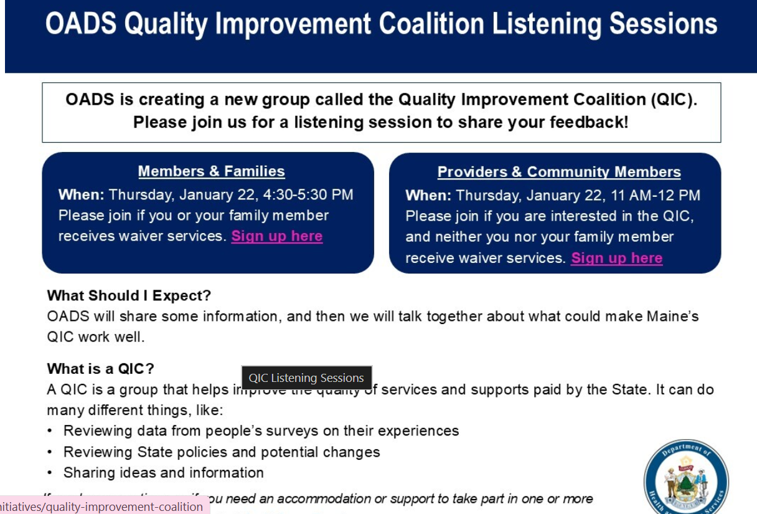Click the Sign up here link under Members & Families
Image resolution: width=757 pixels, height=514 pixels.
click(277, 236)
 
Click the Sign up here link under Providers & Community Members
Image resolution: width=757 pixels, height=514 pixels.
click(616, 258)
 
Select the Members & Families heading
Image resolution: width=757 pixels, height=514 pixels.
click(211, 171)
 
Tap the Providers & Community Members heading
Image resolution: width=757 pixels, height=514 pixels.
click(558, 172)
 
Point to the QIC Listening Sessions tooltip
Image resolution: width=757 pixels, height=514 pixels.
click(306, 378)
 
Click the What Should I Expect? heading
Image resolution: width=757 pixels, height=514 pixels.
click(129, 295)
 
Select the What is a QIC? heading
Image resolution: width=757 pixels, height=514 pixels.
click(100, 368)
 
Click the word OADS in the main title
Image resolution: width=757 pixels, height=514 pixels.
click(81, 24)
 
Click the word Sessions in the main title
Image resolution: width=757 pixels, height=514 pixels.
click(663, 24)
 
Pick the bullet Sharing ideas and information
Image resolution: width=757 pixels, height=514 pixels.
click(164, 472)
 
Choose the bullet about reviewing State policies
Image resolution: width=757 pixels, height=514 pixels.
click(222, 452)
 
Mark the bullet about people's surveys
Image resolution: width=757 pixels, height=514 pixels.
click(261, 431)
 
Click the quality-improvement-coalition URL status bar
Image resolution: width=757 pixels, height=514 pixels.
click(103, 507)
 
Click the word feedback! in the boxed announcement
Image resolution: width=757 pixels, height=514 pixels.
click(588, 121)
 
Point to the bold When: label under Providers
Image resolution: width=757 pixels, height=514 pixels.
click(428, 196)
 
